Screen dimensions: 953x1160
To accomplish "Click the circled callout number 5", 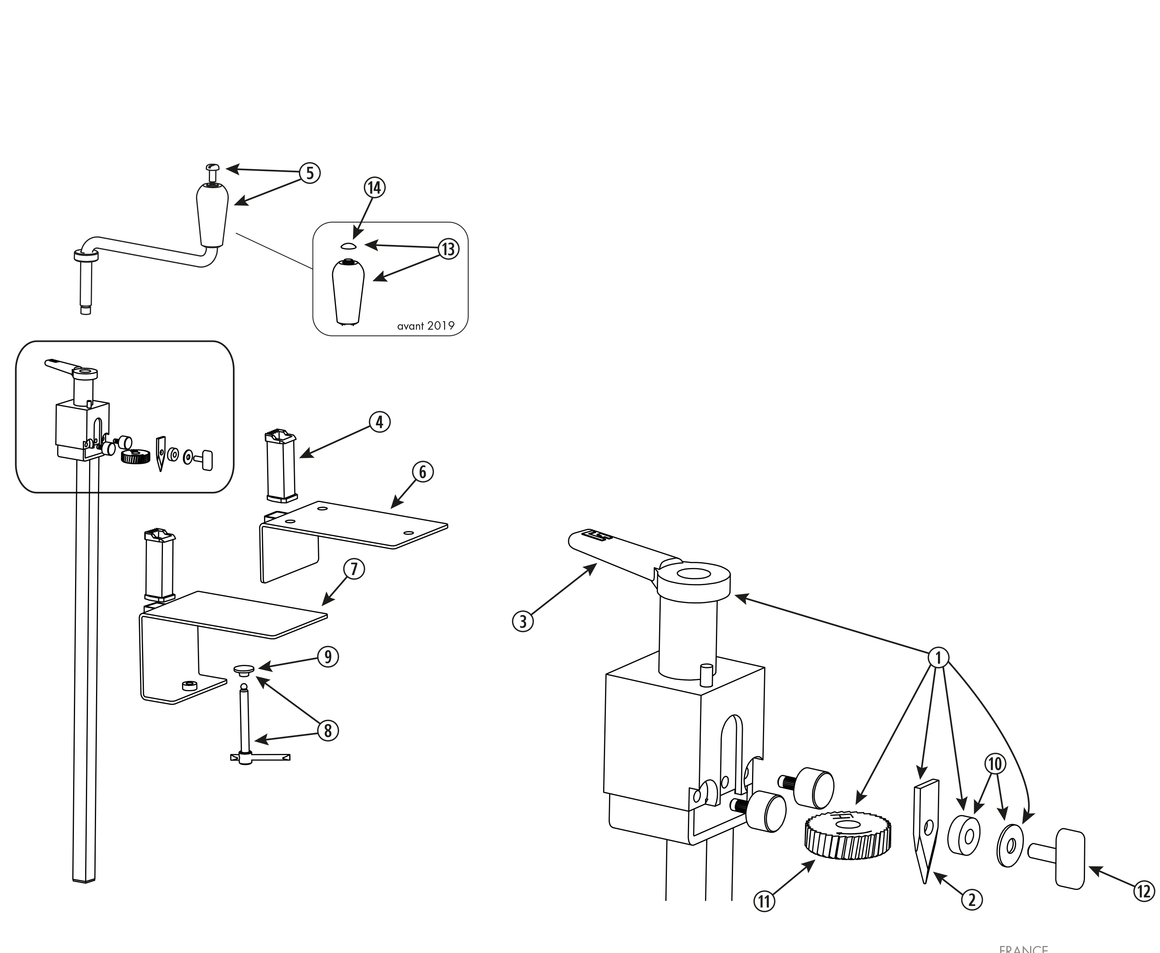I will [x=310, y=173].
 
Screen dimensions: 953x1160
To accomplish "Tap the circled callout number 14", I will [x=374, y=188].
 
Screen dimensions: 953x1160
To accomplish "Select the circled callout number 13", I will [x=448, y=249].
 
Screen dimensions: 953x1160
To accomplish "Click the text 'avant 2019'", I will [x=425, y=325].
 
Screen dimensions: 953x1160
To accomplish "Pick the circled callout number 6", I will [x=423, y=472].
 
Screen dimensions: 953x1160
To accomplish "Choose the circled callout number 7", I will [x=354, y=569].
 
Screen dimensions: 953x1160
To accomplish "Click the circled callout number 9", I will [x=328, y=657].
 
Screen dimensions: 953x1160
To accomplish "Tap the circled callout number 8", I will [x=328, y=730].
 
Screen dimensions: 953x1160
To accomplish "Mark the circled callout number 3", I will [x=523, y=621].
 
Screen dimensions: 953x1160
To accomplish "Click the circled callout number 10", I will [x=995, y=764].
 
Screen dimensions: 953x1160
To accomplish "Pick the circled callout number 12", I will [x=1144, y=891].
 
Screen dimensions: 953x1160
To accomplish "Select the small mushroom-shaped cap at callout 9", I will [x=244, y=670].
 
